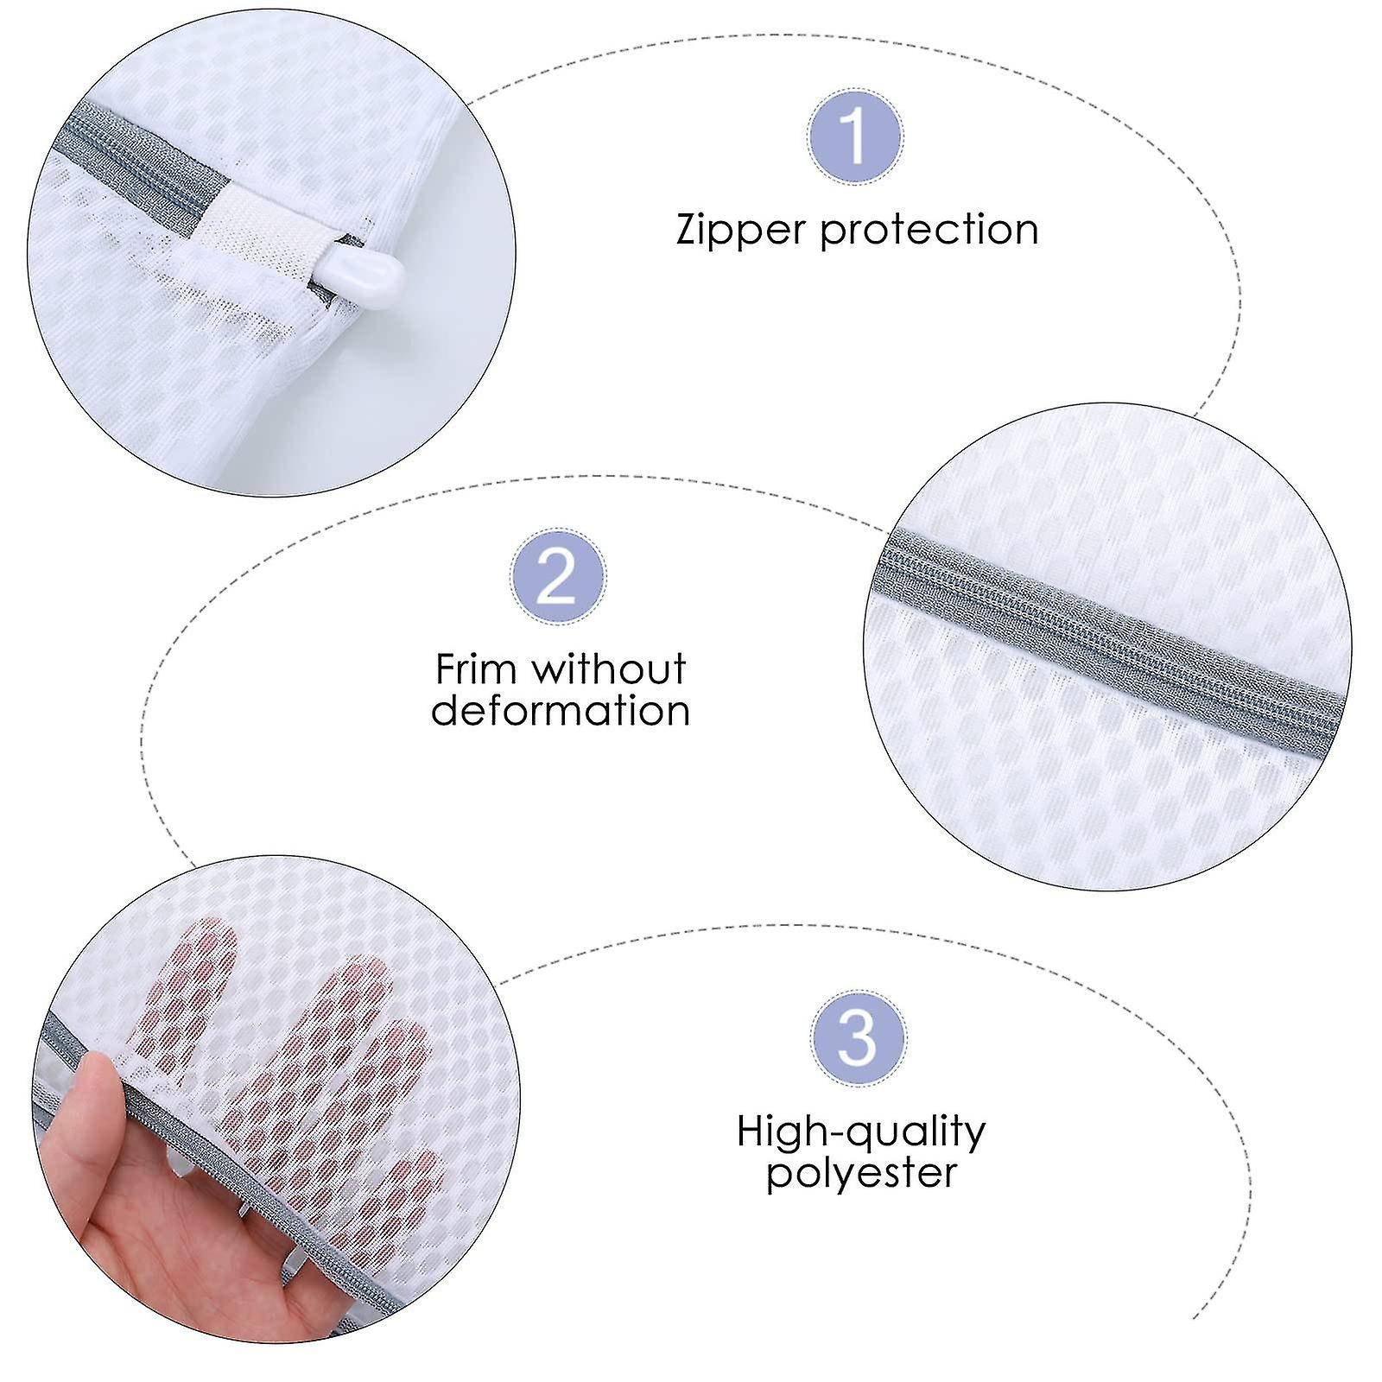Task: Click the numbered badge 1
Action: click(x=855, y=136)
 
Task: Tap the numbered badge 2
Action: click(x=557, y=576)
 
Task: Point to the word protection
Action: click(x=929, y=231)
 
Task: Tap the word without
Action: click(x=610, y=669)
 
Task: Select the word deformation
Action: click(x=561, y=711)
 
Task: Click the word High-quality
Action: click(x=861, y=1132)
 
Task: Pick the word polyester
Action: click(x=861, y=1173)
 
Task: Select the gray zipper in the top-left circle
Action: click(x=130, y=155)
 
